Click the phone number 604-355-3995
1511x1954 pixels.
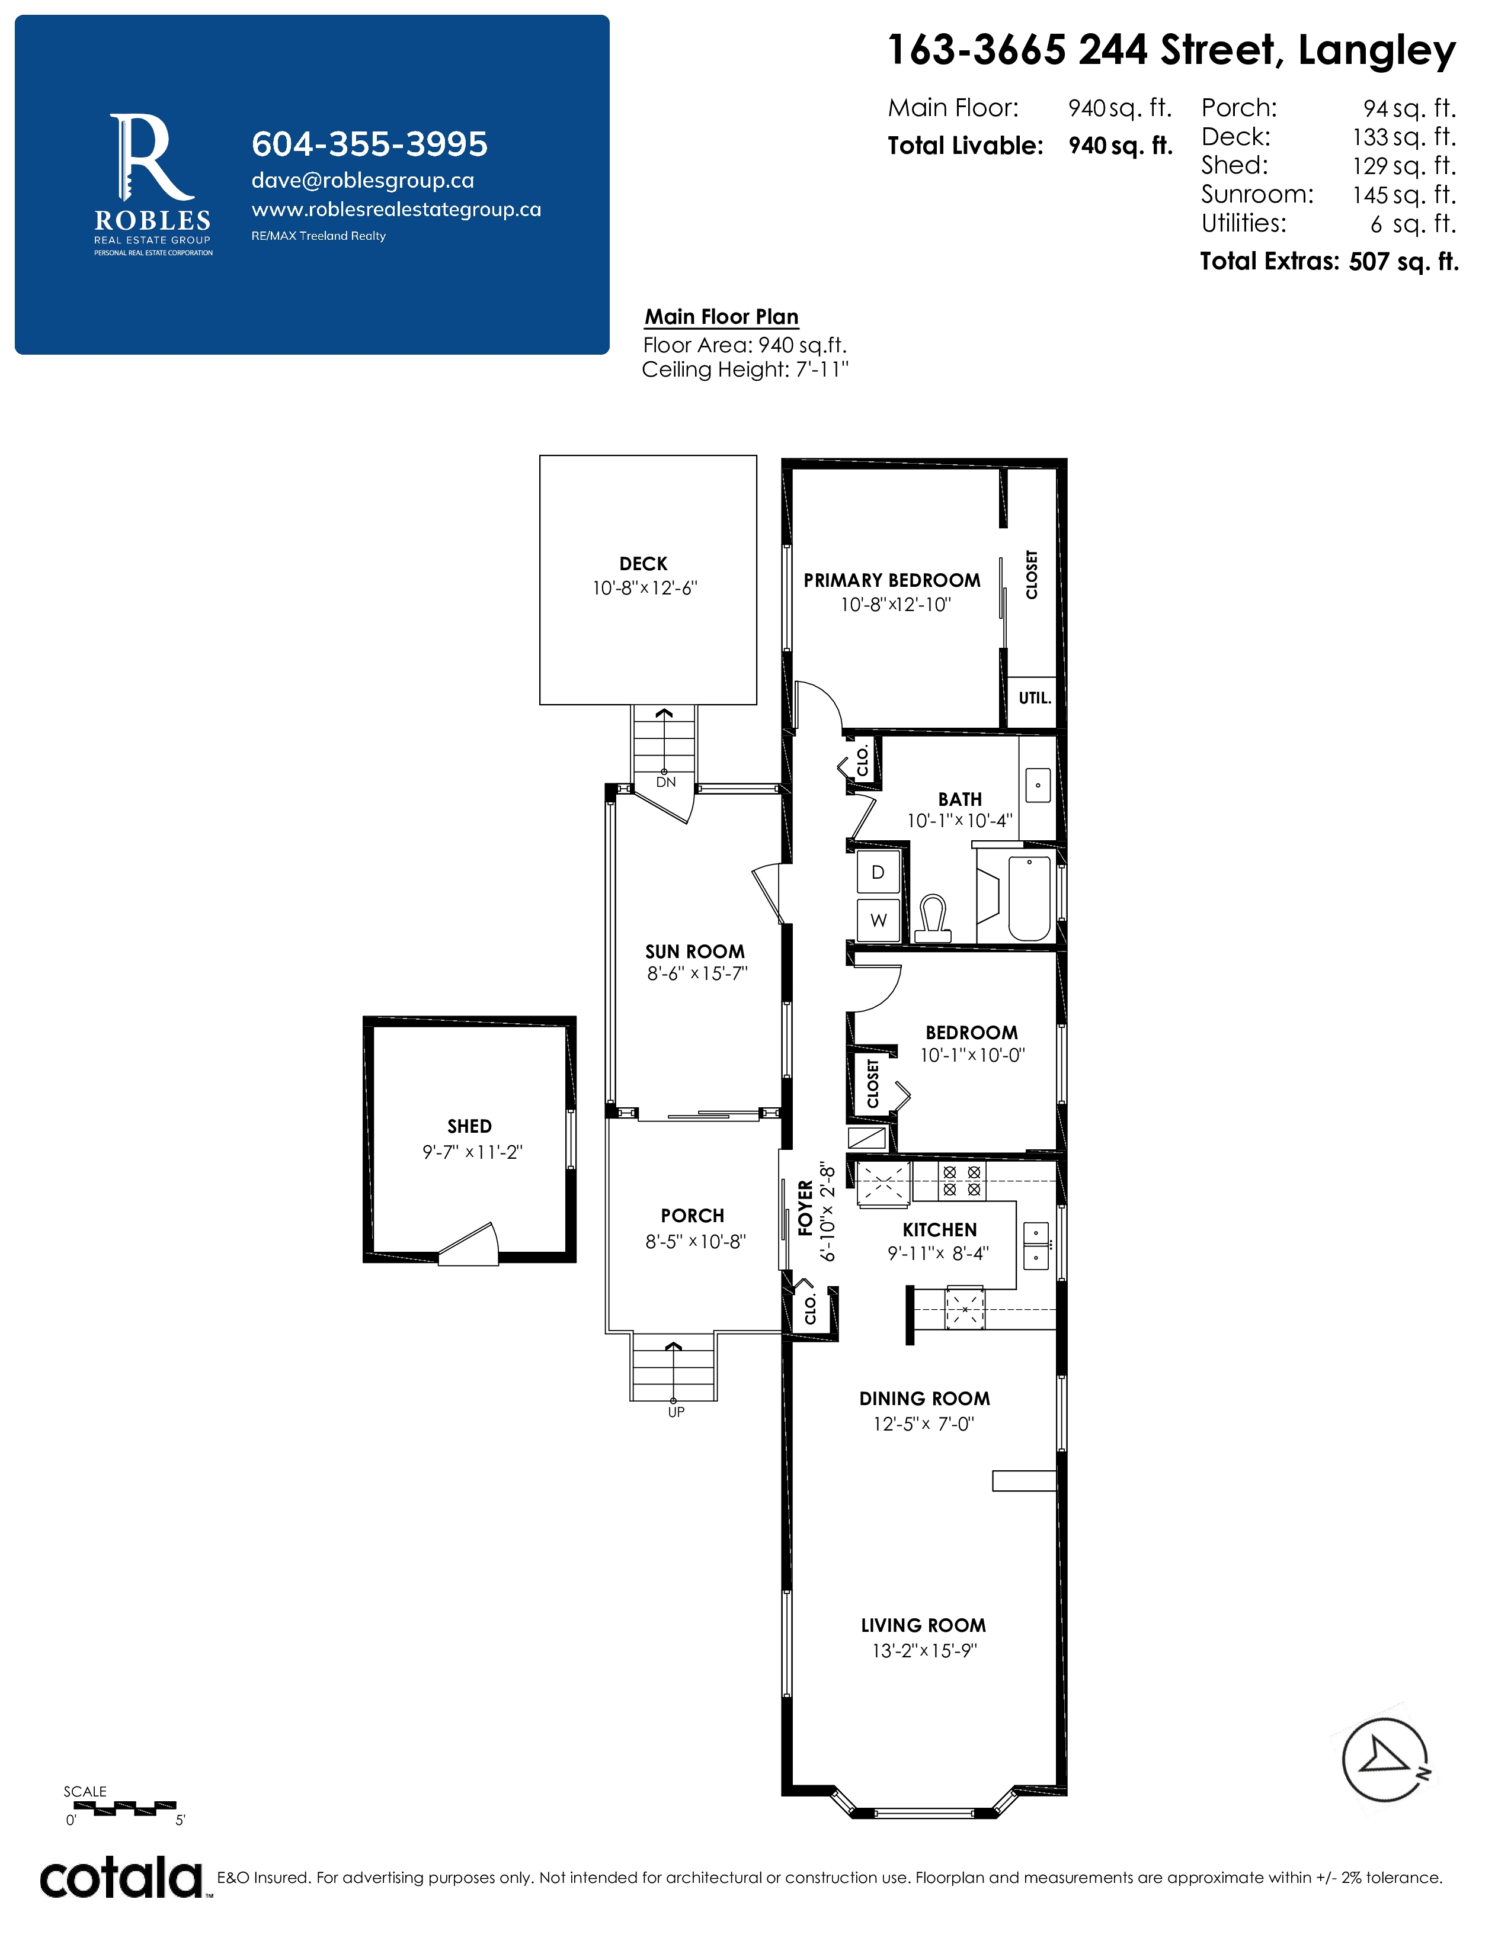[370, 144]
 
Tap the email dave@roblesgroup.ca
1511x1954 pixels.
[363, 181]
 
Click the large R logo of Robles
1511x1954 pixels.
[151, 156]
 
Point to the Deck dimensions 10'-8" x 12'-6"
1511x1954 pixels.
[645, 588]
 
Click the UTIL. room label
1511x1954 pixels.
[1035, 698]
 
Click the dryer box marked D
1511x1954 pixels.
[878, 872]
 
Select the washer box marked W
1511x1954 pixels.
[878, 920]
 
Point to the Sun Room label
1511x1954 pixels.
[694, 951]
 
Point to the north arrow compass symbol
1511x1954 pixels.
[1385, 1760]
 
